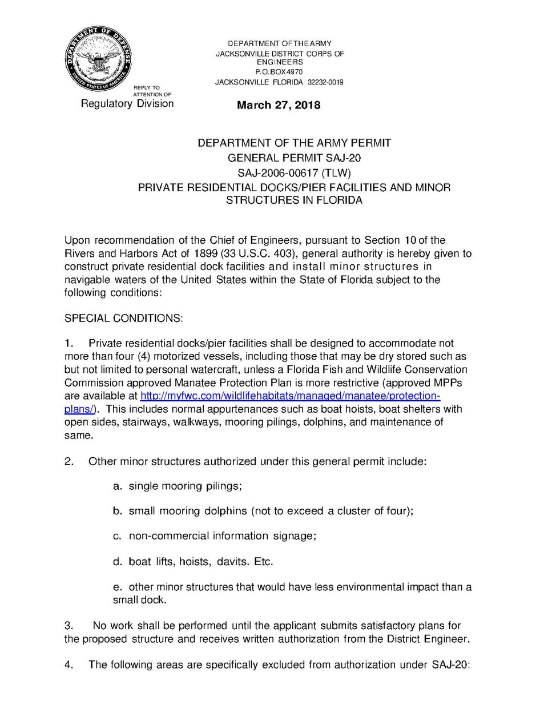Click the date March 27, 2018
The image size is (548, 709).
click(279, 105)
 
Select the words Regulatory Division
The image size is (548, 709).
click(127, 103)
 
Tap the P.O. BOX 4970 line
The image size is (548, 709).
click(279, 72)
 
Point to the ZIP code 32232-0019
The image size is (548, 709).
click(325, 82)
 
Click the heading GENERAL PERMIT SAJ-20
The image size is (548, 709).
click(294, 158)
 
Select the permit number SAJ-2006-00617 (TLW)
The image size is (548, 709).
click(294, 172)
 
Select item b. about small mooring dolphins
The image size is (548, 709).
click(263, 511)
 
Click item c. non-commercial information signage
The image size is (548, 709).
click(215, 536)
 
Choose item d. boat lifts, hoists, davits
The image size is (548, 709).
click(193, 562)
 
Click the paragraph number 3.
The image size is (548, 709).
click(68, 626)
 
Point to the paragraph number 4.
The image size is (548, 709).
click(68, 664)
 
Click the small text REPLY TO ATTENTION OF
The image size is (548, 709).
click(152, 91)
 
